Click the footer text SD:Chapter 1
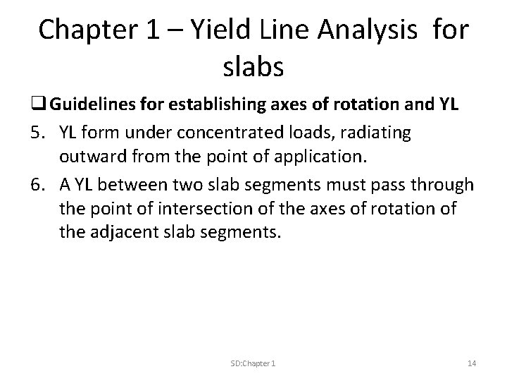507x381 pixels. tap(253, 363)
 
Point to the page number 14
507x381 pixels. tap(471, 363)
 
